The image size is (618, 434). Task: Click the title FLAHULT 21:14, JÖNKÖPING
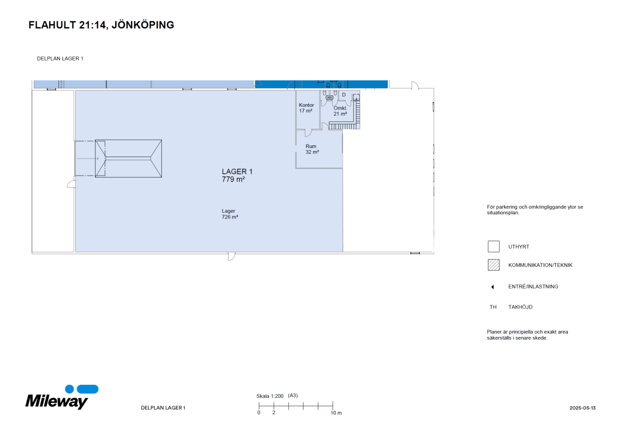(101, 25)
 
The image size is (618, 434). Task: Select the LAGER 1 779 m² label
(237, 175)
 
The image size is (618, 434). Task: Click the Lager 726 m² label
(230, 214)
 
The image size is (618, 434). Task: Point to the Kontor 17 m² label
(306, 108)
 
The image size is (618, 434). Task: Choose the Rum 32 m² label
(312, 149)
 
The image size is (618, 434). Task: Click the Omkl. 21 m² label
(340, 111)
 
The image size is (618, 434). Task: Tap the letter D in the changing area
(344, 95)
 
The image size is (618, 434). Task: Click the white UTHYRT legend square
(493, 246)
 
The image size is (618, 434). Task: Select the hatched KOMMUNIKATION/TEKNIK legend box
(493, 265)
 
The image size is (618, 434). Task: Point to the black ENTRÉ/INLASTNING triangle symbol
(493, 287)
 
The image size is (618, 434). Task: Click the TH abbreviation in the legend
(493, 307)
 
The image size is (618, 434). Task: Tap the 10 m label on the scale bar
(336, 413)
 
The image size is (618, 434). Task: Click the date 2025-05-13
(582, 408)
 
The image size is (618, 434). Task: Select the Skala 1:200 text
(270, 396)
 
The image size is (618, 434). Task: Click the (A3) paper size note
(293, 395)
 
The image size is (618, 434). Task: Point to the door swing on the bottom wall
(231, 256)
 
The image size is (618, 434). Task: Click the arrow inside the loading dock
(88, 158)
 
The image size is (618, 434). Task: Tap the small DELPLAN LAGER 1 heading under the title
(60, 59)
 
